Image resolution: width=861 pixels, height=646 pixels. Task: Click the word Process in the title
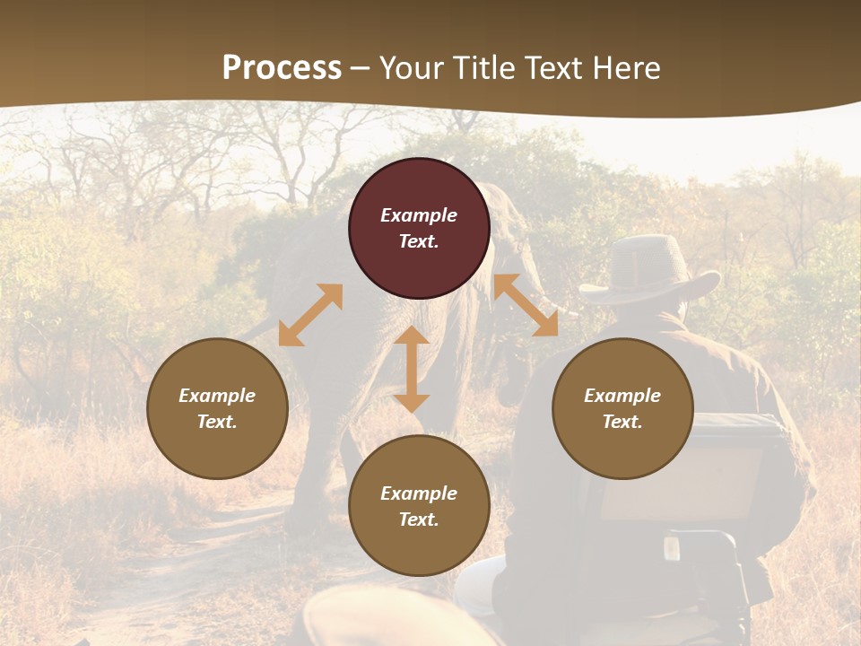coord(282,68)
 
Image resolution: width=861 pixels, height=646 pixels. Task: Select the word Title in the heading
coord(480,68)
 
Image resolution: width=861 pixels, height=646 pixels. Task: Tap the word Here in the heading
coord(624,68)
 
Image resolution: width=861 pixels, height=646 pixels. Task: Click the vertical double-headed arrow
coord(412,369)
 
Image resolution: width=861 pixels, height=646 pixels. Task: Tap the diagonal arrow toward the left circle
coord(310,314)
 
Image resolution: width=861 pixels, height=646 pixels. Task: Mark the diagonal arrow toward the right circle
coord(526,305)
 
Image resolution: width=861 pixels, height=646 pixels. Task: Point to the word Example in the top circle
coord(419,215)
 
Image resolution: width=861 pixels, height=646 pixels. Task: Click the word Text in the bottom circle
coord(418,519)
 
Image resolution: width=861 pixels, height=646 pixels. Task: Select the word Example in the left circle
coord(217,396)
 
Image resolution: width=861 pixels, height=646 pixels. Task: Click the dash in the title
coord(361,68)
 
